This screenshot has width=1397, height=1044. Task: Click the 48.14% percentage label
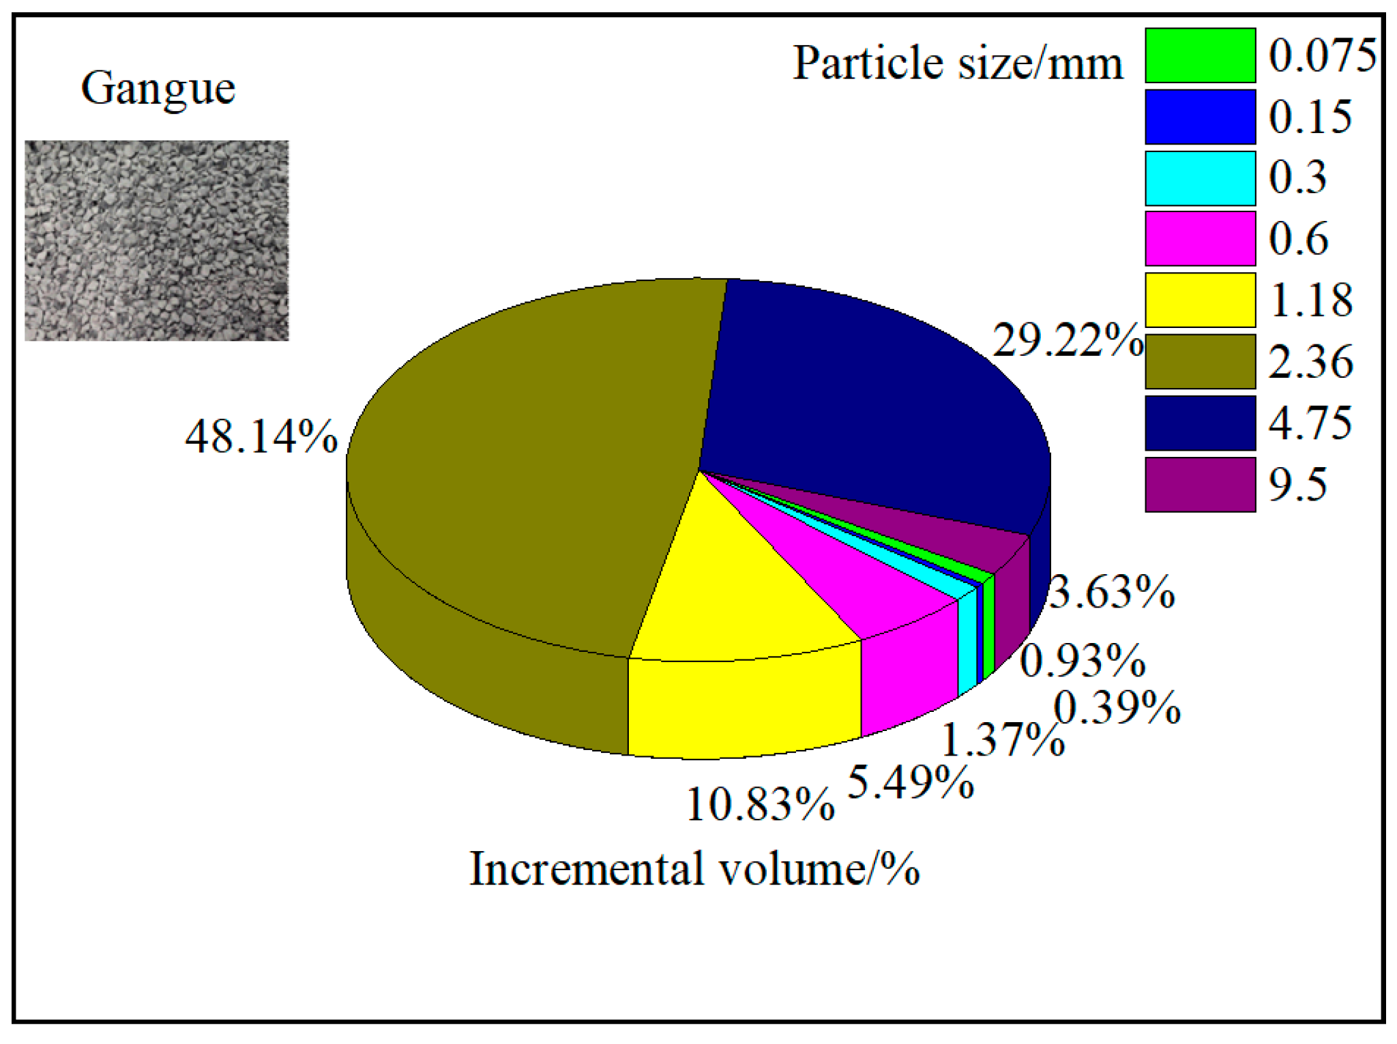coord(261,437)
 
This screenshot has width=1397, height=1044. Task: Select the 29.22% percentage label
coord(1068,340)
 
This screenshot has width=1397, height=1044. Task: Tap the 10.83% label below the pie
coord(760,805)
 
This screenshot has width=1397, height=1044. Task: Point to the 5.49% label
coord(910,782)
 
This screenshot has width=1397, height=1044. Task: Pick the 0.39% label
coord(1117,708)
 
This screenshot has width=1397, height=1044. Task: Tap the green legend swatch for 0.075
coord(1200,55)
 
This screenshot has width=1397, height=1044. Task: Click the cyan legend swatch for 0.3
coord(1200,178)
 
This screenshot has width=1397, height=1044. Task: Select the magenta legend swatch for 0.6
coord(1200,239)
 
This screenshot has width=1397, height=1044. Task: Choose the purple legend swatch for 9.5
coord(1200,485)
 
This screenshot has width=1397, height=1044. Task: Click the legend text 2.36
coord(1310,362)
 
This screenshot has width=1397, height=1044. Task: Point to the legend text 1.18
coord(1310,300)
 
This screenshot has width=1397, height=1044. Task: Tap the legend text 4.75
coord(1310,423)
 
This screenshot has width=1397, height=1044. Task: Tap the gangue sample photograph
coord(157,241)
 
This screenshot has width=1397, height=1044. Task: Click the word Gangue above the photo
coord(158,89)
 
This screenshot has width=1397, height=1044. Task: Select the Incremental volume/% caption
coord(694,870)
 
